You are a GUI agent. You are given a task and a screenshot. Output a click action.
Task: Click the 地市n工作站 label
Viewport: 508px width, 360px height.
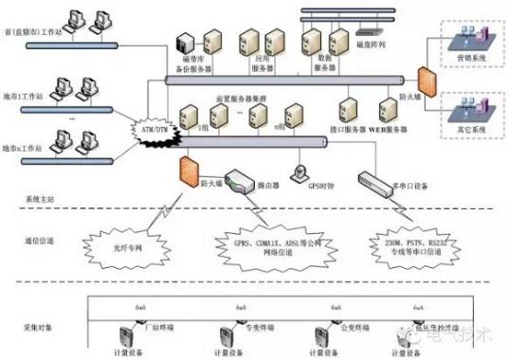pos(26,149)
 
